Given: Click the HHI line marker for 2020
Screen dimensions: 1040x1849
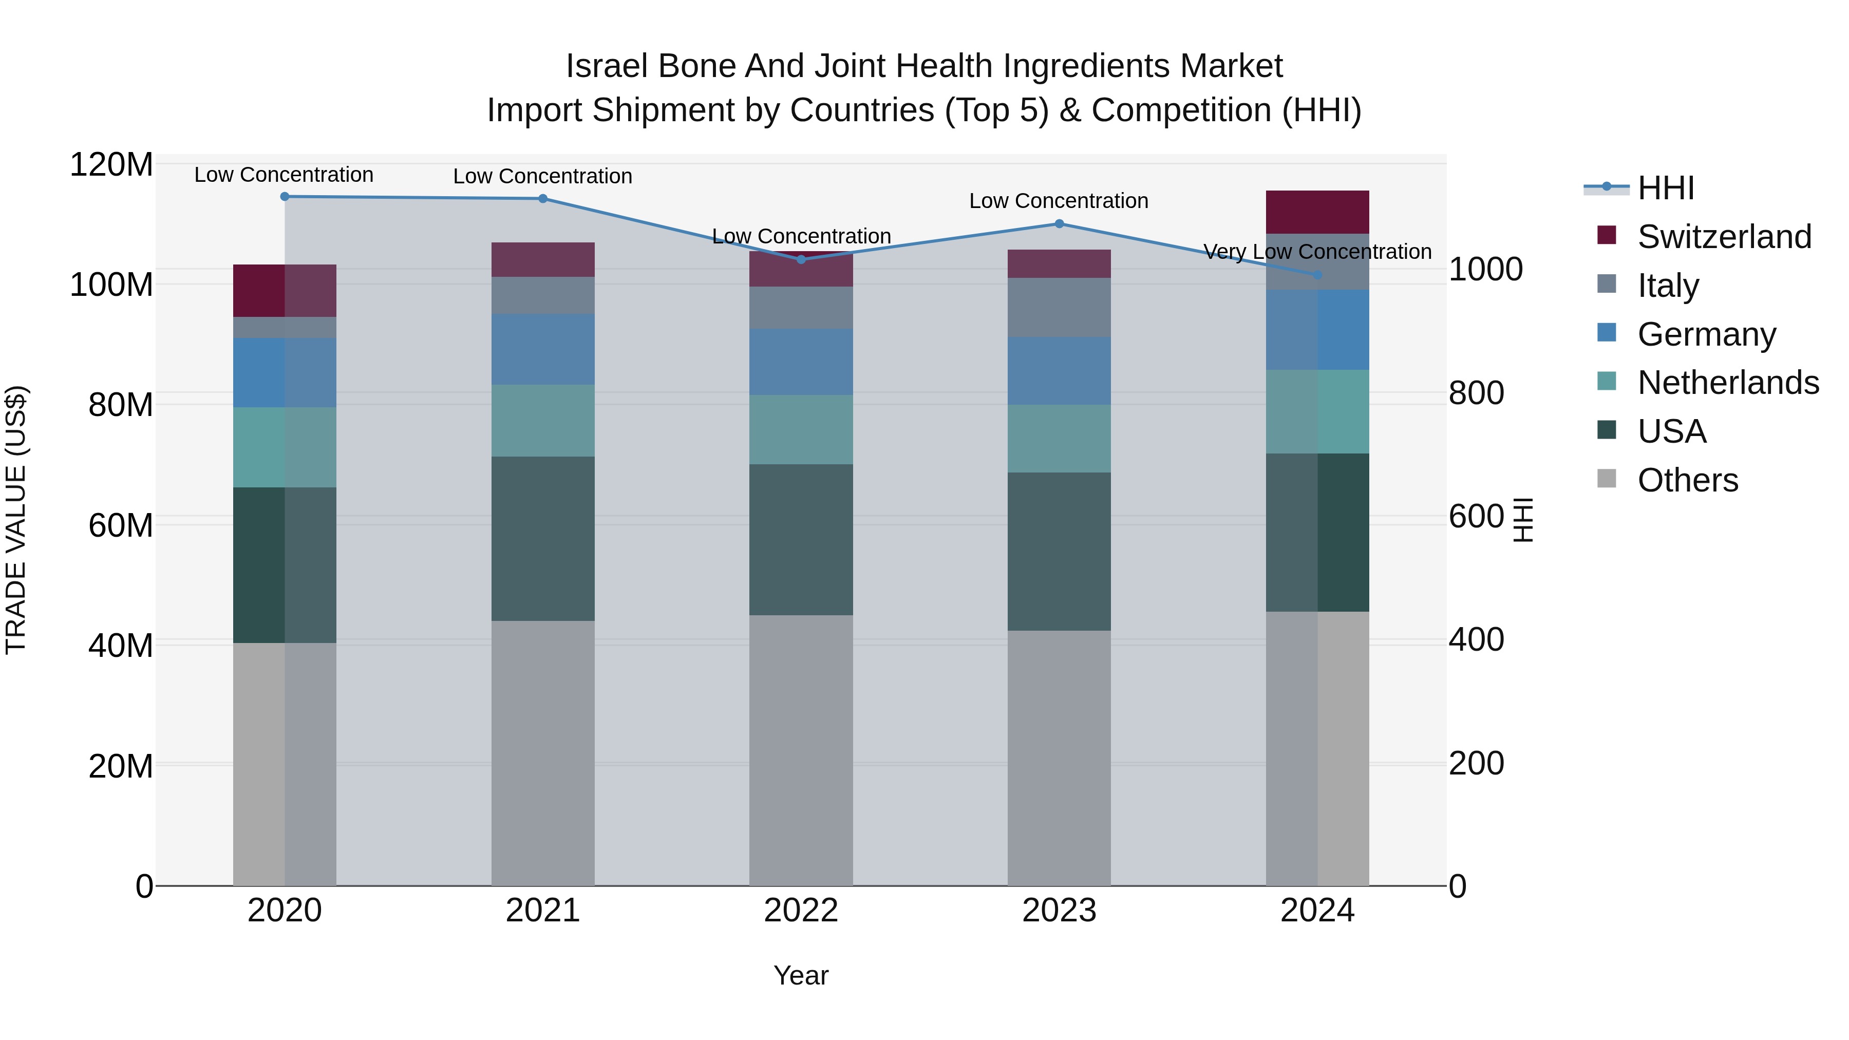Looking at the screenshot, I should click(x=285, y=196).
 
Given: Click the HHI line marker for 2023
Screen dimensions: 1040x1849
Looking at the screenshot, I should click(x=1060, y=223).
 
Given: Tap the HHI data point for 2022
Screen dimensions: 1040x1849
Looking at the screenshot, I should click(x=802, y=259).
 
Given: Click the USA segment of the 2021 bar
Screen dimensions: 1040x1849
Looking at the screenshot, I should click(x=543, y=538).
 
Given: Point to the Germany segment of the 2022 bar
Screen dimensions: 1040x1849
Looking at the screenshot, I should click(x=801, y=362).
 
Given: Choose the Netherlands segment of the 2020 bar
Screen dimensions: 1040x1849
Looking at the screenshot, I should click(x=285, y=447).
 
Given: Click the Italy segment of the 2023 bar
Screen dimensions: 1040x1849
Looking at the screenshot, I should click(x=1060, y=307).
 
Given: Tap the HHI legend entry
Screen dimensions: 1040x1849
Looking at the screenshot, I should click(x=1665, y=188).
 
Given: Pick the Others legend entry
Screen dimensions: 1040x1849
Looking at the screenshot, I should click(x=1687, y=480).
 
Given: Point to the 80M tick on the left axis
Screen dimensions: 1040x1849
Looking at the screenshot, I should click(x=120, y=405).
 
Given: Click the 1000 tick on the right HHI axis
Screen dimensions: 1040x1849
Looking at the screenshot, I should click(x=1485, y=269).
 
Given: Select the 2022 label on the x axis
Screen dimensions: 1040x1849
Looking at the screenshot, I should click(x=801, y=911).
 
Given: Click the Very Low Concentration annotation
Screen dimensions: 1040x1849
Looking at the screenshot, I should click(x=1317, y=252).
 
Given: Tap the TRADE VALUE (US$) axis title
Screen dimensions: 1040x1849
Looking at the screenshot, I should click(x=16, y=520).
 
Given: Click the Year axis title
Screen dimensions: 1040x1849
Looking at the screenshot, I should click(x=801, y=975).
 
